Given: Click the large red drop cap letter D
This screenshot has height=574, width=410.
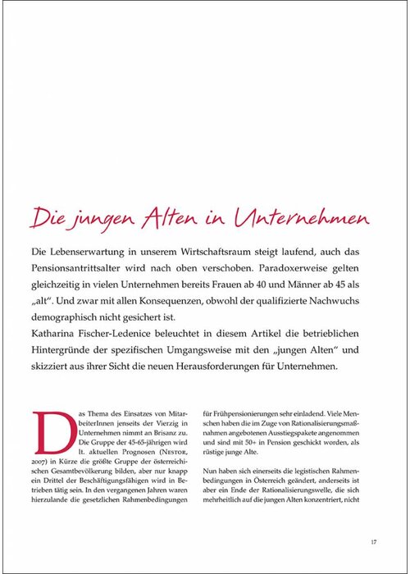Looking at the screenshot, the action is tap(48, 433).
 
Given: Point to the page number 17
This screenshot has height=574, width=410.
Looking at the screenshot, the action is tap(373, 540).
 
